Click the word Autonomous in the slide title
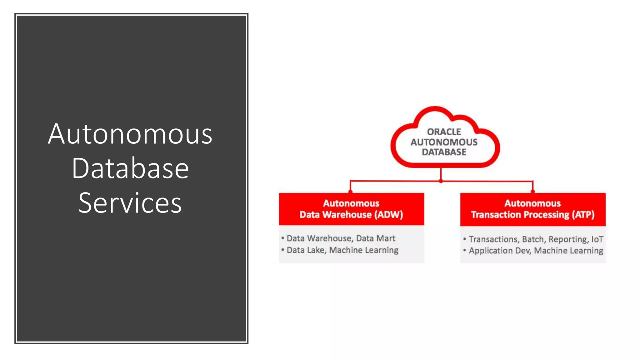130,134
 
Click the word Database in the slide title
130,169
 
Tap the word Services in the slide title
130,203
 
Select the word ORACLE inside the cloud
444,132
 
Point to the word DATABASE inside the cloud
444,152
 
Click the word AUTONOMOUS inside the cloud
444,142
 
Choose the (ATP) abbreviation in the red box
583,215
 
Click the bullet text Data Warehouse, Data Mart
341,238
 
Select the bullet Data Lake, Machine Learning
342,250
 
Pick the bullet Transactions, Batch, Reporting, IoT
536,239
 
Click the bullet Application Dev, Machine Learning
536,251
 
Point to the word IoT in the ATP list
597,239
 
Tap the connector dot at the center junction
441,181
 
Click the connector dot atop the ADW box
350,192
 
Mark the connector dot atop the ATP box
532,192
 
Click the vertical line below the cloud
441,173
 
